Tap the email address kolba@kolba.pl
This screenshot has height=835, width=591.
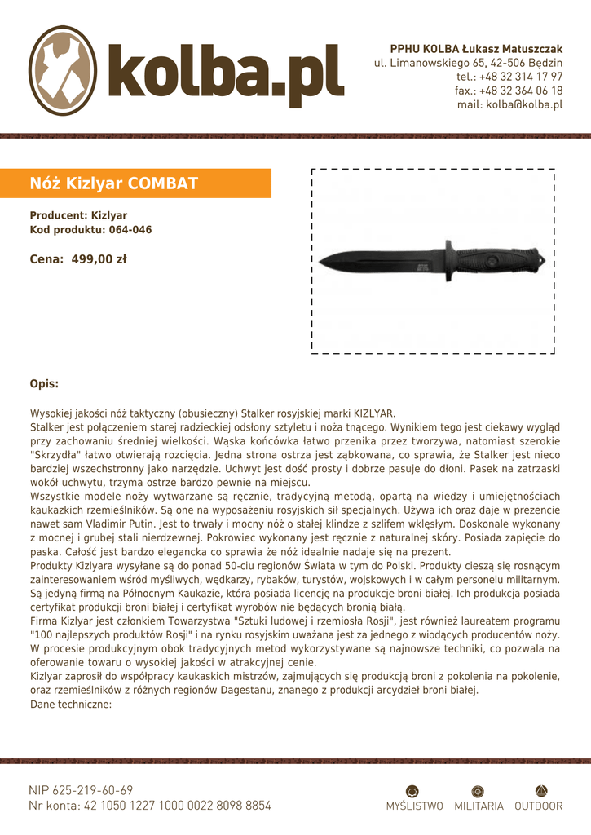[509, 104]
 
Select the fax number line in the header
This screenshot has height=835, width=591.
[509, 91]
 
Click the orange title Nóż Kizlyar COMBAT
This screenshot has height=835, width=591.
[114, 183]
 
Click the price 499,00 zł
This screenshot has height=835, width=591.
[99, 259]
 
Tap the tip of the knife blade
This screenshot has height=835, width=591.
[320, 261]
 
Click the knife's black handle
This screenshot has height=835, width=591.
[497, 261]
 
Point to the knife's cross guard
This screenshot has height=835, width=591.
[448, 261]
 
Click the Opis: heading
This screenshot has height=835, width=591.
[44, 383]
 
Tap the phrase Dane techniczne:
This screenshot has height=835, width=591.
[71, 705]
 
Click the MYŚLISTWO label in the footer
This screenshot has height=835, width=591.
[414, 806]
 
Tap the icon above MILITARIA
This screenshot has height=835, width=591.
[479, 791]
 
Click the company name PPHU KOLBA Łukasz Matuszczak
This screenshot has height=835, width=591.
[476, 49]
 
